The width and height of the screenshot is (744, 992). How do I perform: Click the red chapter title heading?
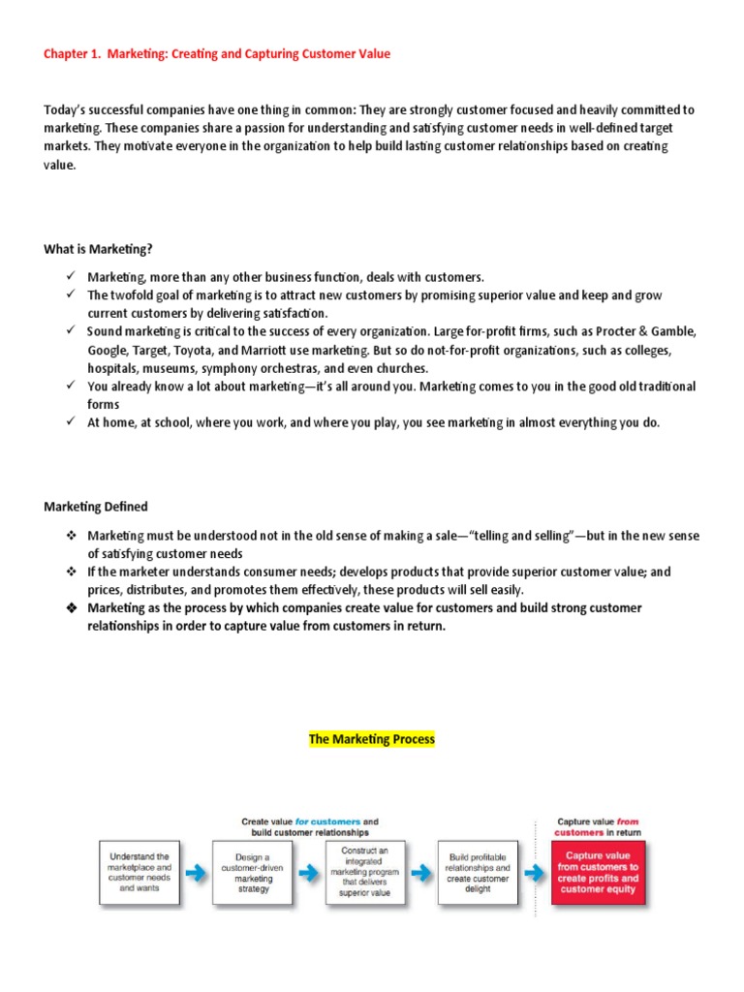(217, 54)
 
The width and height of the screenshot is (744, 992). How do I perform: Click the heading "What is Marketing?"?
(98, 249)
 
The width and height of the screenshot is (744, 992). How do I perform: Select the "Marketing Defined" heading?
(96, 507)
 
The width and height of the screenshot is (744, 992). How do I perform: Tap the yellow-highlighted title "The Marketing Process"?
(372, 739)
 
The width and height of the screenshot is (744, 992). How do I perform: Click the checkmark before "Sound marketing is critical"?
(71, 331)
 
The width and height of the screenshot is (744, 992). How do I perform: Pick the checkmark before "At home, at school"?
(71, 422)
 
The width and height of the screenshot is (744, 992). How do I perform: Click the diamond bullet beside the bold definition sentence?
(71, 608)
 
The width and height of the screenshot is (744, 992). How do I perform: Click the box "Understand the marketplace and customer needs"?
(141, 873)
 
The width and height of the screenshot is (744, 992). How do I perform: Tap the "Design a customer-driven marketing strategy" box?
(254, 873)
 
